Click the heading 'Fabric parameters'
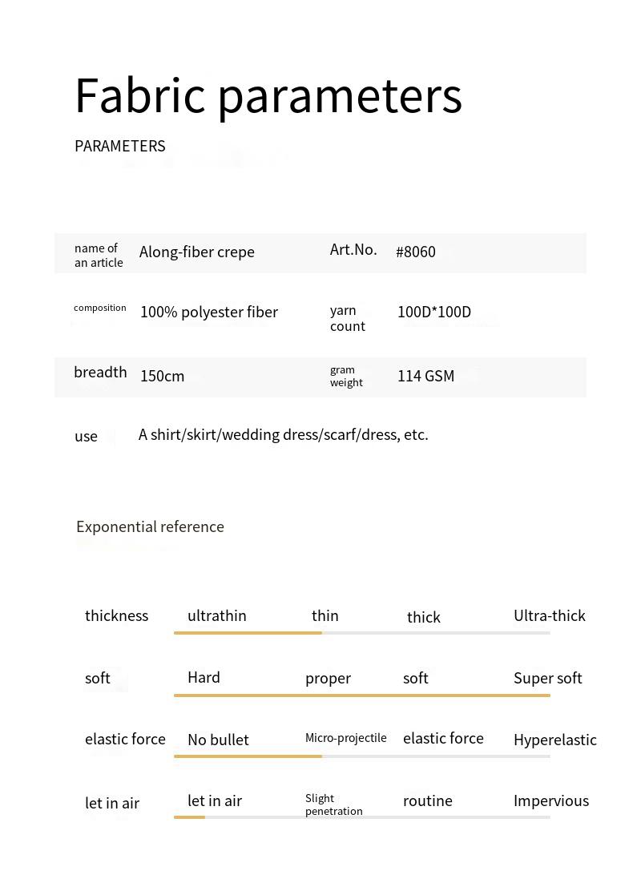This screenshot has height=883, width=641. click(x=268, y=96)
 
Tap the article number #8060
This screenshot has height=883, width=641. click(x=415, y=252)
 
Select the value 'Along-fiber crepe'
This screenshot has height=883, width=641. click(x=196, y=252)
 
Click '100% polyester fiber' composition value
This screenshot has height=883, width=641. click(x=208, y=312)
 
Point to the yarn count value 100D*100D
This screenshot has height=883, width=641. click(x=433, y=312)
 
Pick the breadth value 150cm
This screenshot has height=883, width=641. click(x=162, y=376)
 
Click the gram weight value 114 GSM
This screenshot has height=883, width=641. click(x=425, y=376)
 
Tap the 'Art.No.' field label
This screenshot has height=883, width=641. click(x=353, y=249)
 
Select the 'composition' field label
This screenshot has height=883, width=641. click(x=99, y=308)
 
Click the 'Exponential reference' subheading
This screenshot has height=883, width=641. click(x=150, y=526)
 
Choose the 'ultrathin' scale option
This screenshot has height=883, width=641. click(x=216, y=615)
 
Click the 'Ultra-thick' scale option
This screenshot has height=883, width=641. click(x=549, y=615)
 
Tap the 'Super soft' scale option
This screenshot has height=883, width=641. click(x=547, y=678)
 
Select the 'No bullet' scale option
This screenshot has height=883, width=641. click(x=218, y=740)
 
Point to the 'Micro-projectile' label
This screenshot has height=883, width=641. click(x=345, y=738)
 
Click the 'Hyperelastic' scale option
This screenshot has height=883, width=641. click(x=554, y=740)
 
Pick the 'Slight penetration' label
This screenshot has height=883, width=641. click(x=333, y=804)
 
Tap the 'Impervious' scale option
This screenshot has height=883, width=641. click(x=550, y=800)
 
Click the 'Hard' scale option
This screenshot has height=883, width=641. click(x=204, y=677)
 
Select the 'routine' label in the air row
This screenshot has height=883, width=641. click(x=427, y=800)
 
